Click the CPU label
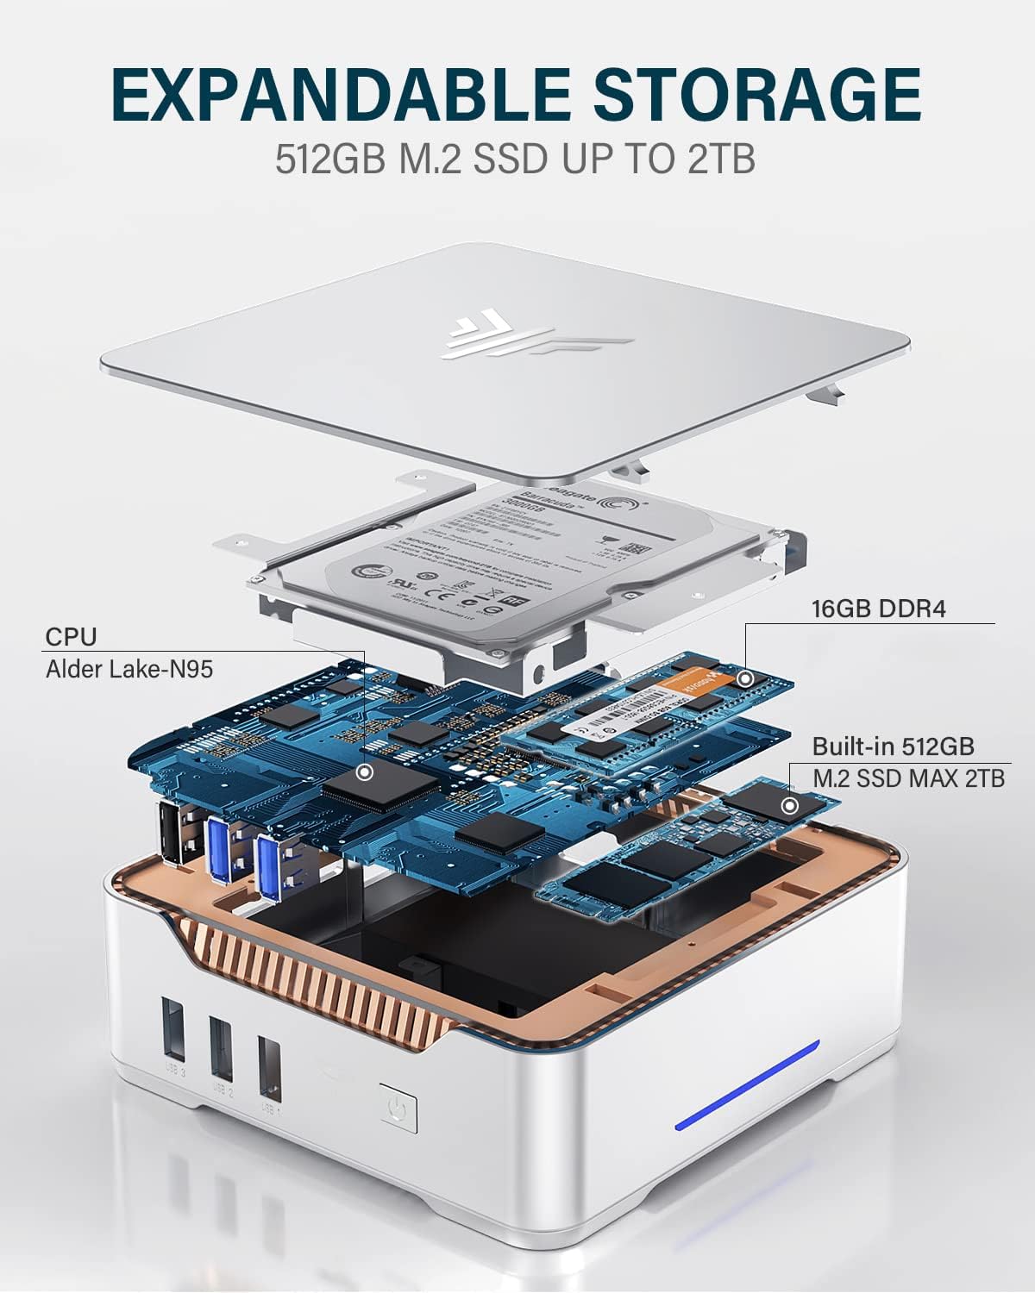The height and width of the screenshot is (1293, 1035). (71, 637)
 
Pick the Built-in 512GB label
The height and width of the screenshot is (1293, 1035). (894, 746)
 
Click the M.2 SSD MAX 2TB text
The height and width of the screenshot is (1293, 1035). (908, 778)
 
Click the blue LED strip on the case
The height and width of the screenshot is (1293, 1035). (747, 1084)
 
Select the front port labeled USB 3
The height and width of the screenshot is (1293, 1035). (172, 1031)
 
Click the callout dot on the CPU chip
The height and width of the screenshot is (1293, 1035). (365, 771)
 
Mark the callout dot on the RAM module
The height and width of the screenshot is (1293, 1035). (745, 678)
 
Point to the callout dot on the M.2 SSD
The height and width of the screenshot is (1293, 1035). (788, 807)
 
